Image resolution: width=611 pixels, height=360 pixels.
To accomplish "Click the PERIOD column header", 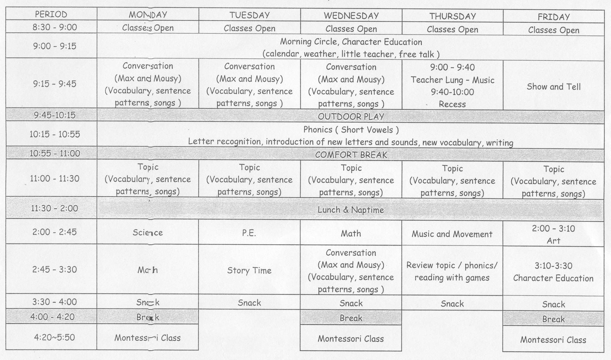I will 51,14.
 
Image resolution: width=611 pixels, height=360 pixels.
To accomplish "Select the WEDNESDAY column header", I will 351,16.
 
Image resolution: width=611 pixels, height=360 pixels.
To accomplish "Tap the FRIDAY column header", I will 554,17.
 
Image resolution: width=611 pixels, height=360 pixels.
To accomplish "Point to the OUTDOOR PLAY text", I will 351,117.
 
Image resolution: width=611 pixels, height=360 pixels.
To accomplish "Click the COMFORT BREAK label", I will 351,155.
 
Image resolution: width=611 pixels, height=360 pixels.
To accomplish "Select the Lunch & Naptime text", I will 351,210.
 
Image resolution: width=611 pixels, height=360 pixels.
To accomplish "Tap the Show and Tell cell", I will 554,87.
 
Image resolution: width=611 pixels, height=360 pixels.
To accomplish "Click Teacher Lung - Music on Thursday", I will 452,80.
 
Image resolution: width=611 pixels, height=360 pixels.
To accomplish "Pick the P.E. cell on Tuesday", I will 249,233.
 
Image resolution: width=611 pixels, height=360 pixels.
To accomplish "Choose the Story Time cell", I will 249,271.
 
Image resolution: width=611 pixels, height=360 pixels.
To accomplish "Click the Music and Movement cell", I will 452,234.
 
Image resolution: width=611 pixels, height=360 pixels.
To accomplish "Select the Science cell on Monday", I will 148,233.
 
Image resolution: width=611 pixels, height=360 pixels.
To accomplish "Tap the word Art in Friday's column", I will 554,241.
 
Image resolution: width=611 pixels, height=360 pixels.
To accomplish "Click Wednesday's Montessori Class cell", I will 351,339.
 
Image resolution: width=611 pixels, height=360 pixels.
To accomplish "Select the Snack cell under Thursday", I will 452,304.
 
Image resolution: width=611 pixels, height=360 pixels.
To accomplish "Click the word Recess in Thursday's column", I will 452,104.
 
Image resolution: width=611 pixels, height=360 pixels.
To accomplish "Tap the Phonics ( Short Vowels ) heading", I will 351,130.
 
